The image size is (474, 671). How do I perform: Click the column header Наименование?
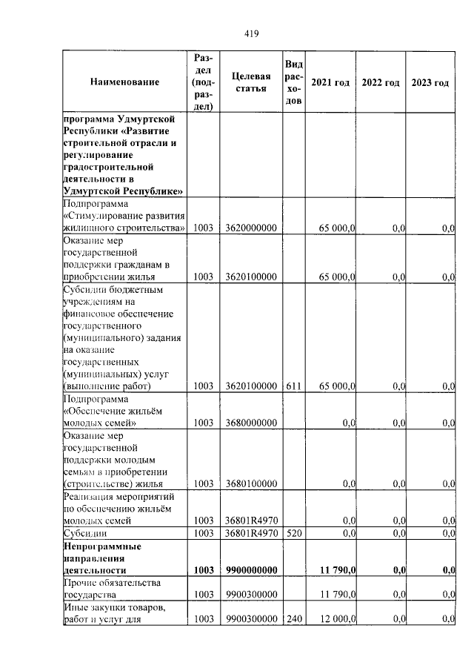[124, 82]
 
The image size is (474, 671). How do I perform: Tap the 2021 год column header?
[330, 82]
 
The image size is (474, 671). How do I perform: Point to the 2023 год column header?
[430, 82]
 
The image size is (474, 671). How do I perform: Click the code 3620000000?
[251, 228]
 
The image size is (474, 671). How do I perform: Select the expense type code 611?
[293, 386]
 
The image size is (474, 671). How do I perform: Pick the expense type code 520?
[293, 532]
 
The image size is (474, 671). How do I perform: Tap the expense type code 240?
[293, 618]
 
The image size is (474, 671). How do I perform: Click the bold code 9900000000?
[251, 569]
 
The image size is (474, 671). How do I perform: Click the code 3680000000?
[251, 423]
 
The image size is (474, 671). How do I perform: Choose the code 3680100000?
[251, 483]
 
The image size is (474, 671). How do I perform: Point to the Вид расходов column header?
[293, 82]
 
